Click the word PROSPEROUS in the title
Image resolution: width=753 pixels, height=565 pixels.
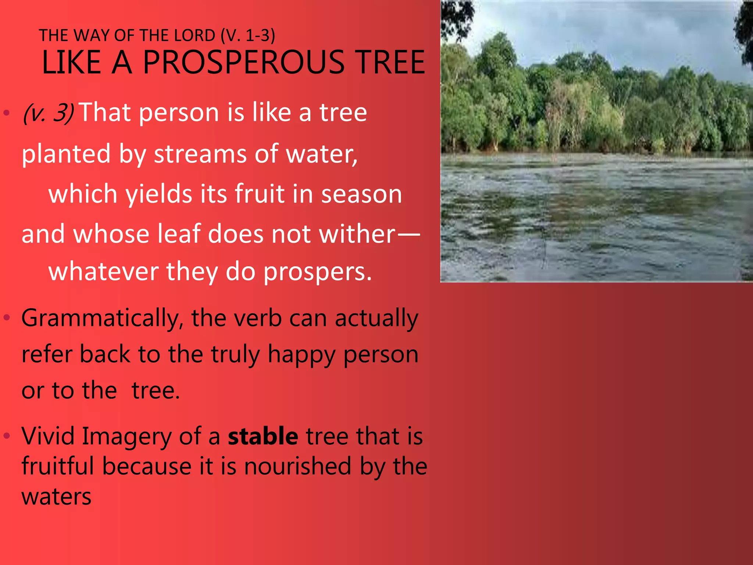pyautogui.click(x=244, y=63)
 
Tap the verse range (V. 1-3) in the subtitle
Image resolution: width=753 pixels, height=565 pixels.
pyautogui.click(x=248, y=36)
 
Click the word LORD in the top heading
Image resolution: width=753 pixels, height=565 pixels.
pyautogui.click(x=195, y=36)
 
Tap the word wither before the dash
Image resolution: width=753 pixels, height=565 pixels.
pyautogui.click(x=357, y=234)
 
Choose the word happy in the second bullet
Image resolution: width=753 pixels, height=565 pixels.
pyautogui.click(x=301, y=355)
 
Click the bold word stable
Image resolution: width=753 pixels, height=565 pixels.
pyautogui.click(x=263, y=436)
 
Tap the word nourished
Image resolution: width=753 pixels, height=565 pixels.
pyautogui.click(x=298, y=466)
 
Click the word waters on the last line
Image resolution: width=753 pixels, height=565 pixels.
pyautogui.click(x=56, y=497)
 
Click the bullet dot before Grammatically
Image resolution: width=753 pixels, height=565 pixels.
pyautogui.click(x=7, y=317)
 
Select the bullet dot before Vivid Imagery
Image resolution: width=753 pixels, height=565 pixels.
pyautogui.click(x=7, y=436)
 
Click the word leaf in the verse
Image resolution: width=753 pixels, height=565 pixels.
pyautogui.click(x=179, y=234)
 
